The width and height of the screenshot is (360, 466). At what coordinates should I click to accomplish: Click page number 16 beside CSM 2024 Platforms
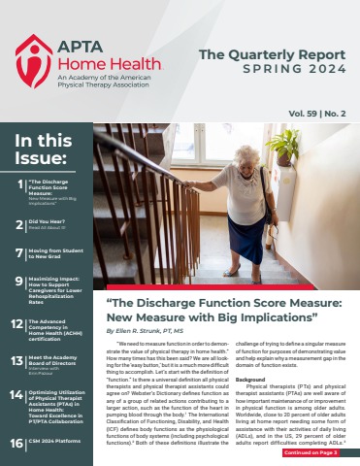point(18,442)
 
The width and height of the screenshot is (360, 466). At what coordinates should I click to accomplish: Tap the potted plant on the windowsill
point(283,147)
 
